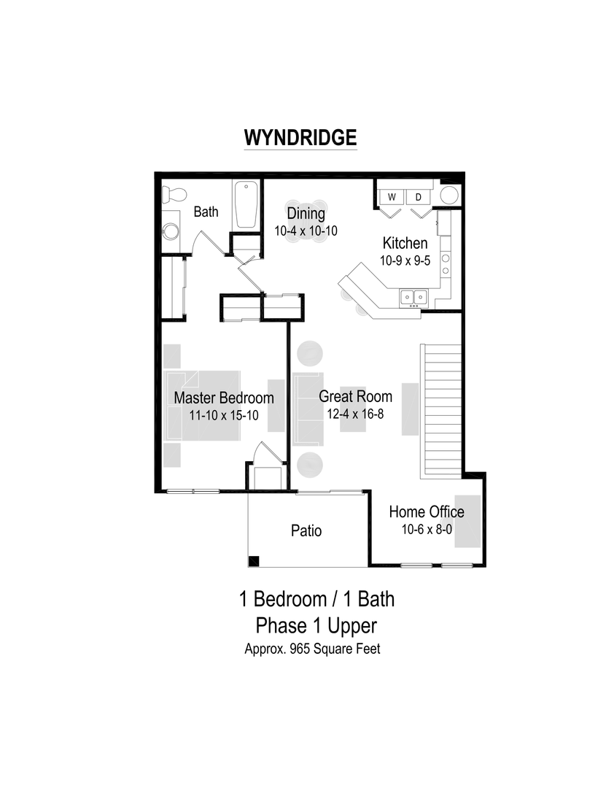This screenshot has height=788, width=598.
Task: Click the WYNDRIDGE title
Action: [x=300, y=138]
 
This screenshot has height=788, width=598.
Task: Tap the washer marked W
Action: [x=392, y=197]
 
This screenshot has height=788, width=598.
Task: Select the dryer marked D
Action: [x=419, y=197]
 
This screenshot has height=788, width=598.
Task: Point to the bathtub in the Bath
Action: [x=245, y=205]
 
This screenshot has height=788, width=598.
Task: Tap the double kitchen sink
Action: [x=413, y=297]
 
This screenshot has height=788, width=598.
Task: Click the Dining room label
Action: [x=306, y=213]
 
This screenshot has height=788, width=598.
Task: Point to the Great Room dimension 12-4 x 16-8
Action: [x=355, y=414]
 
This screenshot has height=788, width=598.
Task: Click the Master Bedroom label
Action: [x=224, y=398]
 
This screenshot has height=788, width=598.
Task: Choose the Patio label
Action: [x=306, y=530]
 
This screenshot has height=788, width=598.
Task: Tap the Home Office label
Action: [x=427, y=511]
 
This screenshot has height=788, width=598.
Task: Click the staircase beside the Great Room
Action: [x=440, y=409]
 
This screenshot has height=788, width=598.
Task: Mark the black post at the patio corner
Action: [x=254, y=561]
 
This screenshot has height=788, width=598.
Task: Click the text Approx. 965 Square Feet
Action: [x=312, y=649]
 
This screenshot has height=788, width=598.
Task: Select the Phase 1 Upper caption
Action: [x=316, y=625]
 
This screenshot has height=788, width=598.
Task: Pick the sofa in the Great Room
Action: [x=308, y=409]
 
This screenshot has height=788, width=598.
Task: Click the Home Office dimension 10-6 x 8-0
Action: [x=427, y=529]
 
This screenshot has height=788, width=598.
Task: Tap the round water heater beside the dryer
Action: [x=450, y=196]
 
